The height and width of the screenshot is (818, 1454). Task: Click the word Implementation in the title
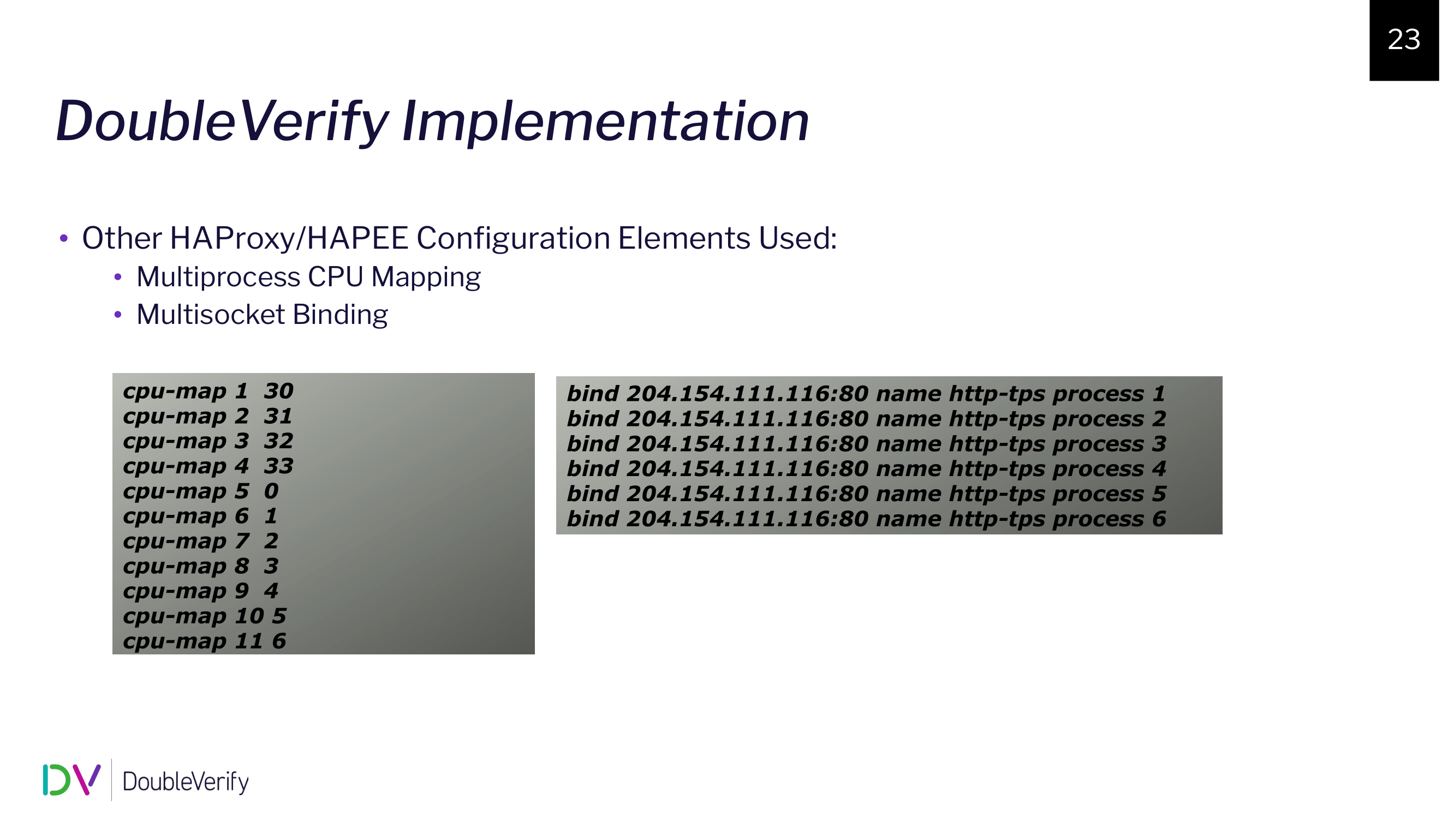[605, 121]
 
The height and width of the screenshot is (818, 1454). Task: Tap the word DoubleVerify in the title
[222, 121]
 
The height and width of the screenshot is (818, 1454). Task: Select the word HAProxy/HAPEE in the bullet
[288, 238]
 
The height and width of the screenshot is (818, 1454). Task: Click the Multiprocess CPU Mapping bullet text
[308, 277]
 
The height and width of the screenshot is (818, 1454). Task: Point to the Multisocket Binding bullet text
[262, 314]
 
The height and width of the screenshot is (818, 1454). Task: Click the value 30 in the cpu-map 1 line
[279, 391]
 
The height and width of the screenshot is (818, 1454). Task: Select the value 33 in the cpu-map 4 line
[279, 466]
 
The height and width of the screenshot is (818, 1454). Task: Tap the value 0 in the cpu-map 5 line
[271, 491]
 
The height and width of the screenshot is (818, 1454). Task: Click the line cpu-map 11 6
[204, 641]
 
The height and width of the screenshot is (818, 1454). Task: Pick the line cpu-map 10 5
[204, 616]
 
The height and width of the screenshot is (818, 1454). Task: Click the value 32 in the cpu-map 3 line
[279, 441]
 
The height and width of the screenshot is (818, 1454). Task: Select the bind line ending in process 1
[866, 394]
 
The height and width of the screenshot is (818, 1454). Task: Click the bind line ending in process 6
[866, 519]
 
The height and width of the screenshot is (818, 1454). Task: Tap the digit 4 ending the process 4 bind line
[1159, 469]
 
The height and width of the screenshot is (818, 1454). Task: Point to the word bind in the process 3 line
[593, 444]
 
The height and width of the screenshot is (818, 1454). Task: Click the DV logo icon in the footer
[71, 780]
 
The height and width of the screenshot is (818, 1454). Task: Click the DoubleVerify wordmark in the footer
[186, 782]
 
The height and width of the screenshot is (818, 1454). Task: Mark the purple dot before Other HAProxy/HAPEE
[64, 239]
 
